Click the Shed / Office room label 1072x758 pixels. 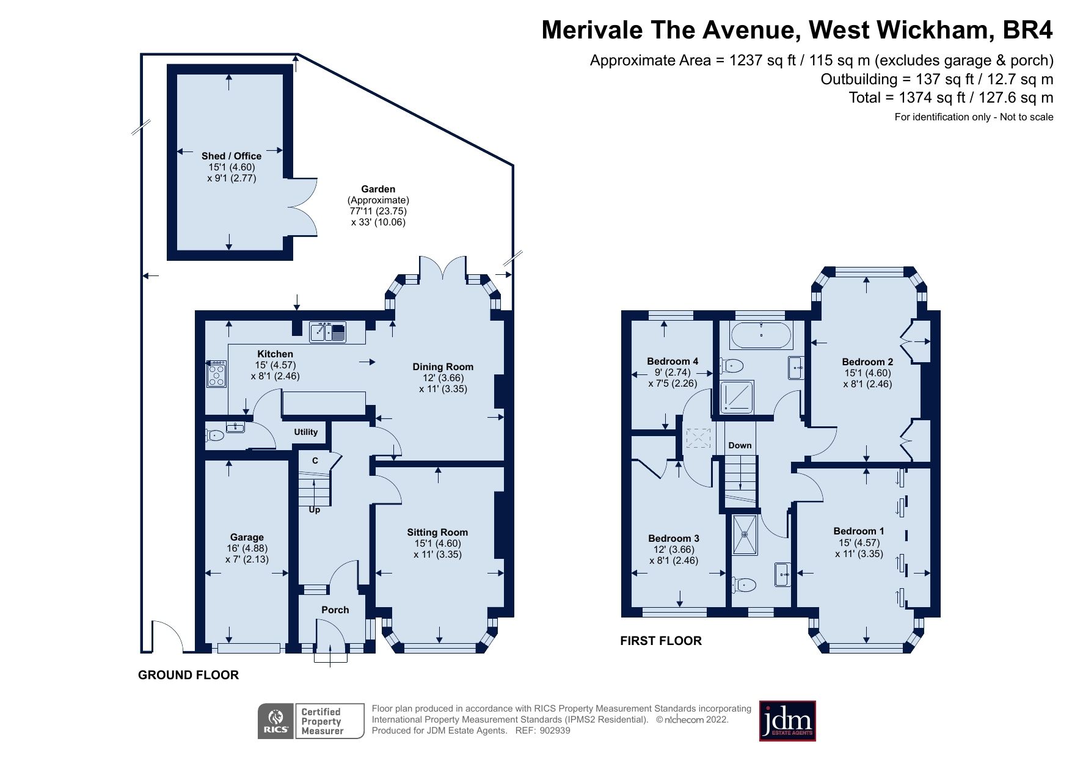[231, 156]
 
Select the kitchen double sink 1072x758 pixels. [327, 332]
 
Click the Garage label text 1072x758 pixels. [247, 538]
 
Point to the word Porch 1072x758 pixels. [335, 610]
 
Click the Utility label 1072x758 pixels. [305, 432]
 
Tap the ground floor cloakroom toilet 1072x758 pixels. [214, 435]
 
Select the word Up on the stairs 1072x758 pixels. [315, 509]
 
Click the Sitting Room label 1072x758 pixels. [437, 533]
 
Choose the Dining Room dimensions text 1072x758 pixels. [443, 383]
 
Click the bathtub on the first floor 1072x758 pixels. [761, 335]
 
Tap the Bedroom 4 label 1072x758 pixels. [673, 361]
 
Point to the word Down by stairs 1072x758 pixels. [740, 445]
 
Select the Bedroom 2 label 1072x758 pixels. [867, 362]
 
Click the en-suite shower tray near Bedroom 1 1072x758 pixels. [745, 534]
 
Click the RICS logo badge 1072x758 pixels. [276, 721]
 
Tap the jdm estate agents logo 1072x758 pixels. [787, 721]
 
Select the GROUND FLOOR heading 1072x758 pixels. [188, 675]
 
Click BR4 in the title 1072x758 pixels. [1028, 29]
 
